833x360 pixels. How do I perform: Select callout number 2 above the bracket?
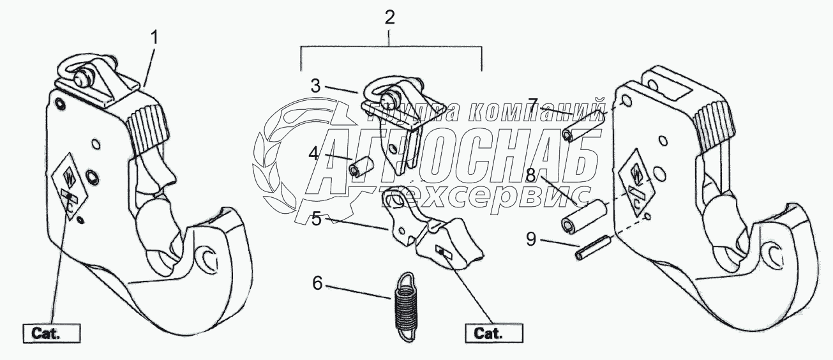(390, 18)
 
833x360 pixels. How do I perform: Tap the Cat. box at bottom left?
(52, 333)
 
